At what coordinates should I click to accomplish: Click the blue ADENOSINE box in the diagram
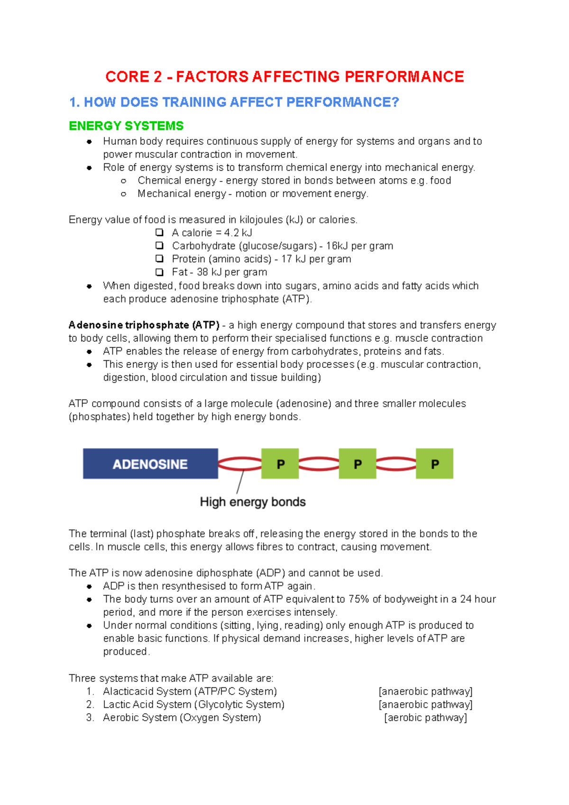tap(150, 464)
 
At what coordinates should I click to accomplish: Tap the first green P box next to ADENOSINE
tap(280, 464)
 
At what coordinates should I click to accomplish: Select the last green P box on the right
tap(434, 464)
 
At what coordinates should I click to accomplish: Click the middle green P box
tap(358, 464)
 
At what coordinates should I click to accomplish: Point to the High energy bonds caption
tap(253, 502)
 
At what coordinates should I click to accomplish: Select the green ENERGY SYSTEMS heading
tap(126, 126)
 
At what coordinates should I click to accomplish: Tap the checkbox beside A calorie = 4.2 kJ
tap(159, 232)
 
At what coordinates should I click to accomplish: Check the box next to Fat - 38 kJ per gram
tap(159, 272)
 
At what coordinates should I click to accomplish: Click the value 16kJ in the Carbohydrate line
tap(337, 246)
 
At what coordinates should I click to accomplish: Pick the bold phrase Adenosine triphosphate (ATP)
tap(144, 325)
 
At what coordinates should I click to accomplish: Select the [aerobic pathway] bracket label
tap(425, 718)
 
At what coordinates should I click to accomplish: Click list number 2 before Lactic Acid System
tap(90, 704)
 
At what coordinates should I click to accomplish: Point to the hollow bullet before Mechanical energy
tap(124, 194)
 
